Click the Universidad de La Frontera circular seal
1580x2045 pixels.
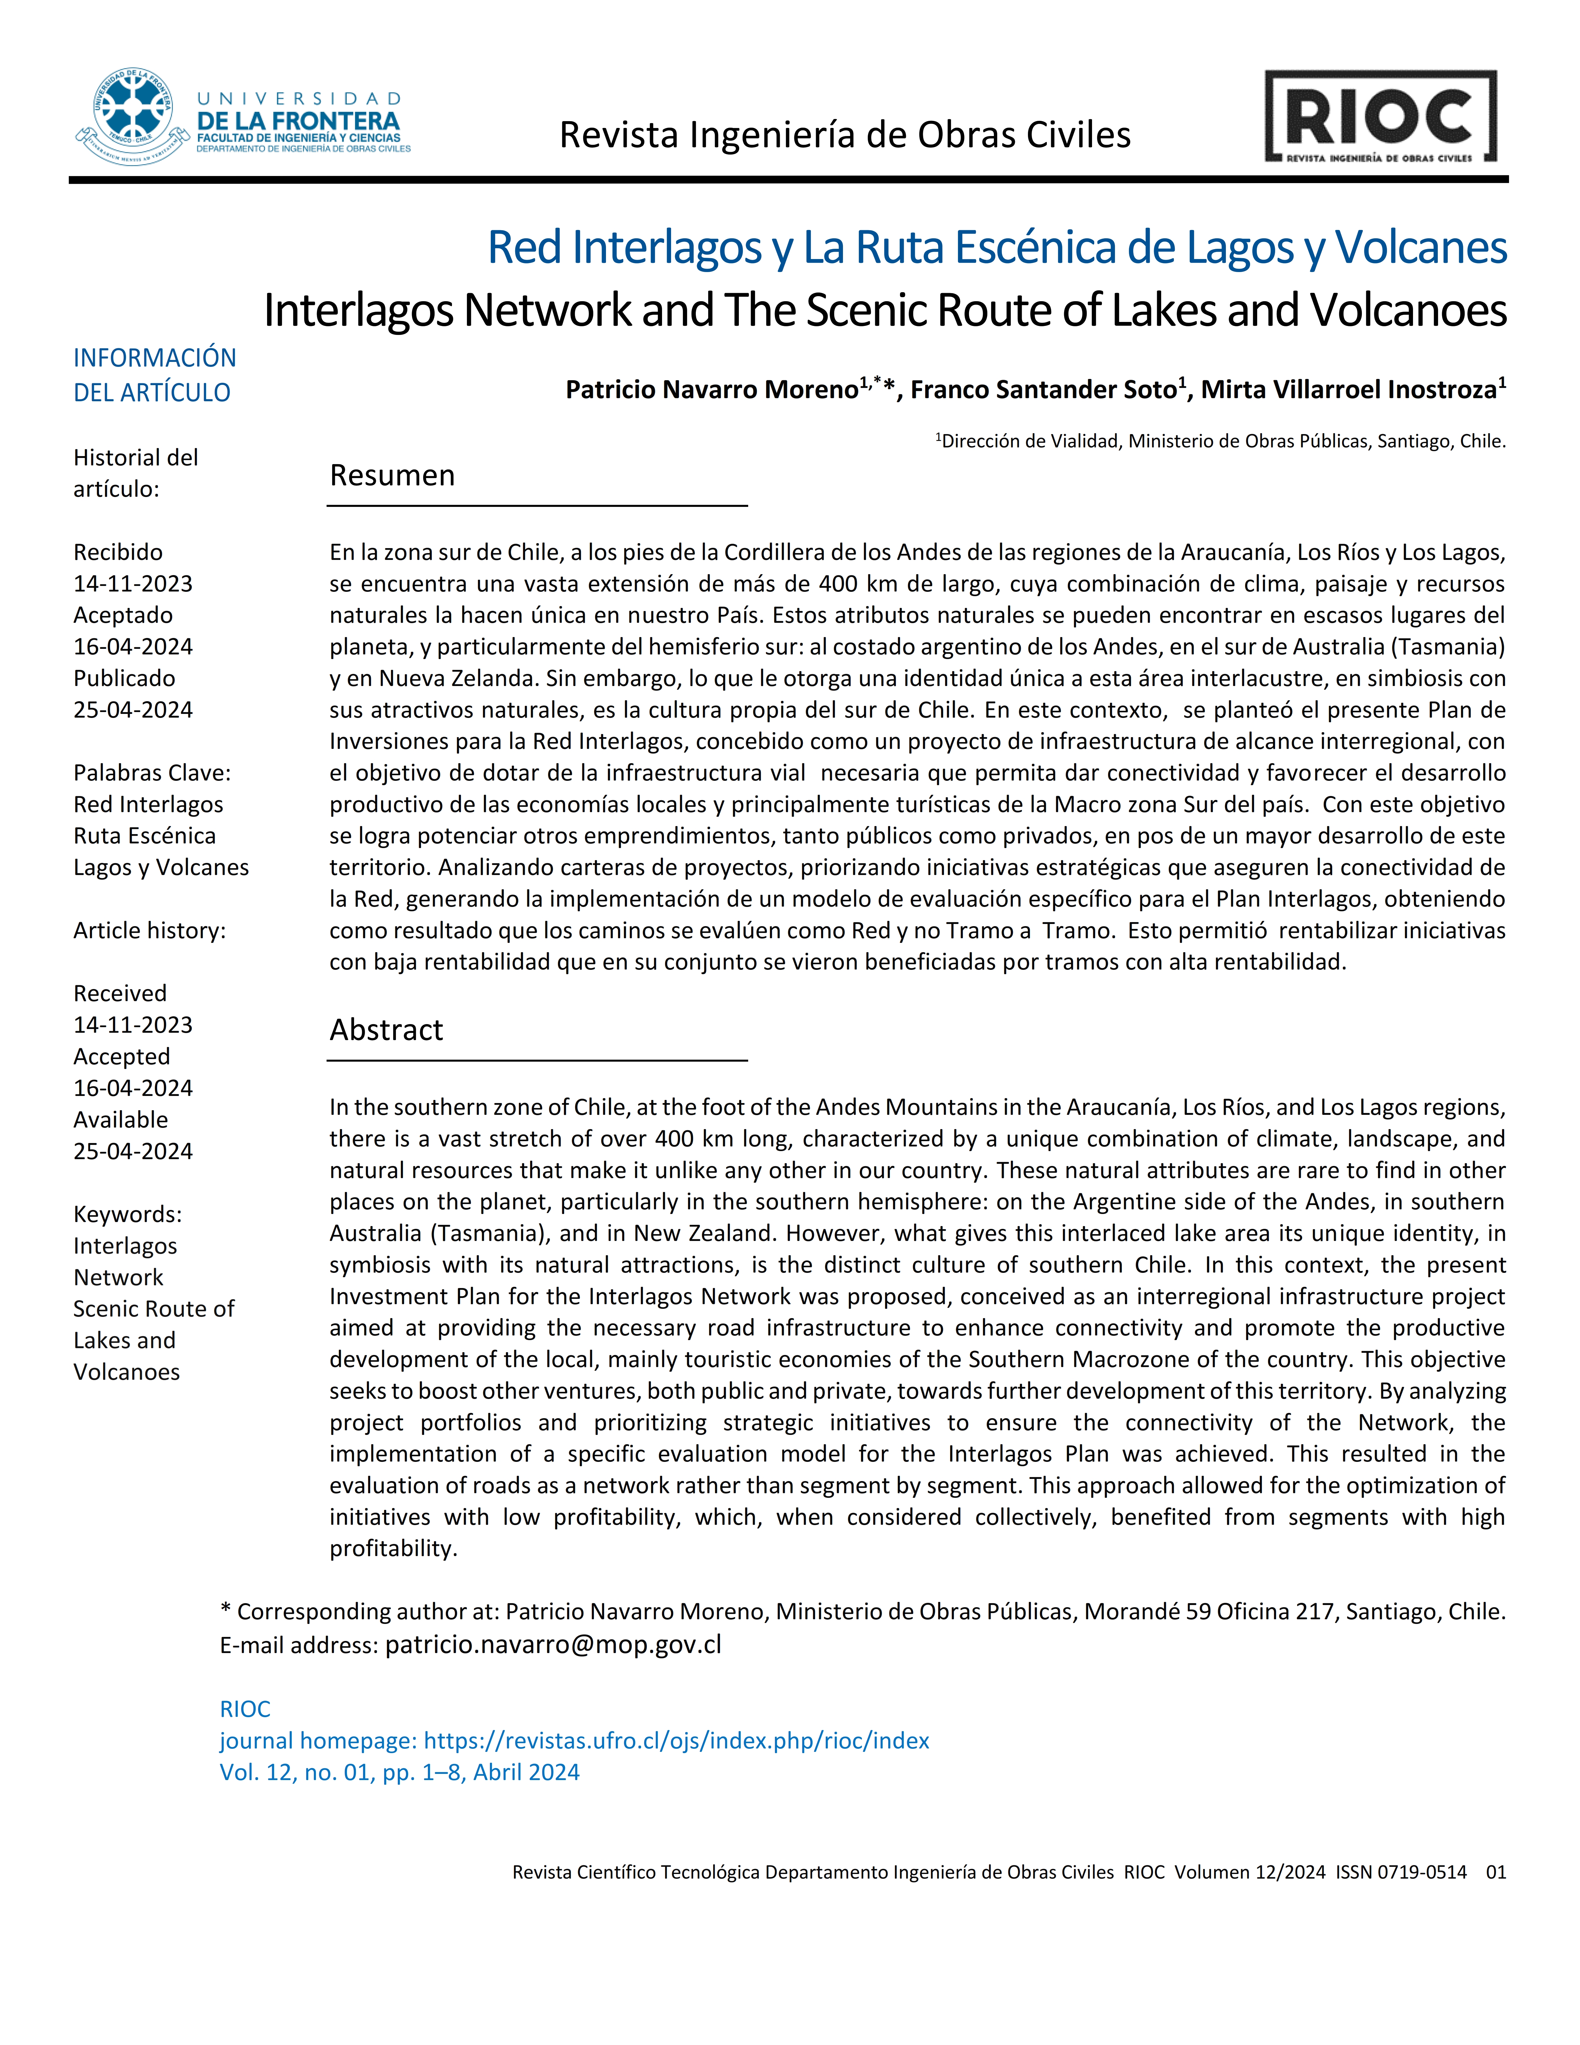pos(133,117)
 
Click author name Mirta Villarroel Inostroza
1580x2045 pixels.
pos(1348,389)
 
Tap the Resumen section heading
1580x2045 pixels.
pos(392,476)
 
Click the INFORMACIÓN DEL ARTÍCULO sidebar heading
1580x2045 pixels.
pos(155,375)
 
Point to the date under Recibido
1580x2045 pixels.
pos(133,583)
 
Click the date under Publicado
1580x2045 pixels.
pos(133,710)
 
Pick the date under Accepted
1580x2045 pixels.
pos(133,1088)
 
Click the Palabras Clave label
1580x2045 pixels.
pos(151,772)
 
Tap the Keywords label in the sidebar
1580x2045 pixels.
pos(127,1215)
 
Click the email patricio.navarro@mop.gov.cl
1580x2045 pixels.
pos(553,1645)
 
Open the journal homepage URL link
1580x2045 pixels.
pos(676,1741)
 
